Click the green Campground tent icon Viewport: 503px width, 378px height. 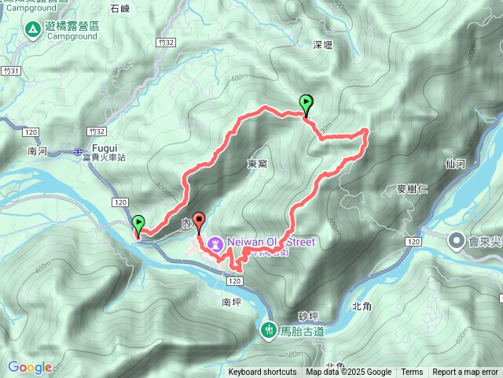point(33,31)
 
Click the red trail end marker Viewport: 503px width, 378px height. point(198,221)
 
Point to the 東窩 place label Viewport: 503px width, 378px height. point(257,164)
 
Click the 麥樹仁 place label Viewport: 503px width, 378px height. point(412,189)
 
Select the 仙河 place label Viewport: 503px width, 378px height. point(455,164)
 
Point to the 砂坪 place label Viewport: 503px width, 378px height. point(309,315)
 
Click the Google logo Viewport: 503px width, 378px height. point(30,367)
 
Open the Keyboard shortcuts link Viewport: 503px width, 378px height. point(263,372)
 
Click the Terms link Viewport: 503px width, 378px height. point(412,372)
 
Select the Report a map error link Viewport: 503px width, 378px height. point(465,372)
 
